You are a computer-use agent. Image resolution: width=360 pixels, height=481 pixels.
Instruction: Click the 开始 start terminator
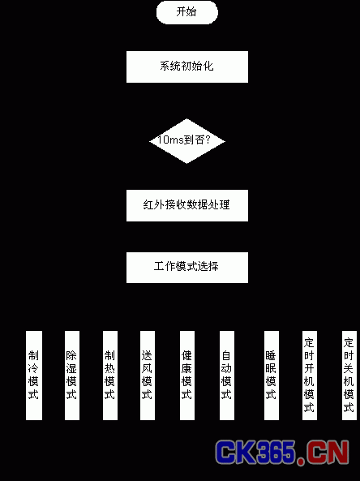coord(187,12)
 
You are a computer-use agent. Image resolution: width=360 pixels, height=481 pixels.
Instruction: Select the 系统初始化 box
coord(187,67)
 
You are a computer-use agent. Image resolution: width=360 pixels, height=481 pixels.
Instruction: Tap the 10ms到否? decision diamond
coord(187,141)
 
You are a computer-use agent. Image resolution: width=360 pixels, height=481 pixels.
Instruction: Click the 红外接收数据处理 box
coord(187,205)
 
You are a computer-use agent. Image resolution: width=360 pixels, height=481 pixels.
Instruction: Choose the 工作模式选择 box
coord(187,268)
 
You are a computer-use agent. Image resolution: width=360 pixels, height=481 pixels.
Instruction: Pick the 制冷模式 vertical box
coord(34,376)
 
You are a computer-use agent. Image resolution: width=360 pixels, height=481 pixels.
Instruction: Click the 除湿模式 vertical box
coord(72,376)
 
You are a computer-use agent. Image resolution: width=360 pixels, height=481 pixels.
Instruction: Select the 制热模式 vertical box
coord(110,376)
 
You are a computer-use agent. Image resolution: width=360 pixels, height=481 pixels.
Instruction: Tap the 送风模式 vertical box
coord(148,376)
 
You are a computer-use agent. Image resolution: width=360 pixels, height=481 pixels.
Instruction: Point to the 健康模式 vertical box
coord(187,376)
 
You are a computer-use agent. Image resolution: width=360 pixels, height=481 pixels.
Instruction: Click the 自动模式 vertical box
coord(227,376)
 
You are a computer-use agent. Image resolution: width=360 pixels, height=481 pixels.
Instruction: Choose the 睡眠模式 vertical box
coord(272,376)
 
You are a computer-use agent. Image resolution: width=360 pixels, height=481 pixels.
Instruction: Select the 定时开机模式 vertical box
coord(310,376)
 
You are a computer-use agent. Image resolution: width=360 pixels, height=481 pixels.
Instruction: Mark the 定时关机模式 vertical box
coord(349,376)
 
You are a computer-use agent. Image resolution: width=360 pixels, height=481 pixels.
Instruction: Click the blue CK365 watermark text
coord(255,452)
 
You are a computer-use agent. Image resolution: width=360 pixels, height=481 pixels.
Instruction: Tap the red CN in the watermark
coord(328,452)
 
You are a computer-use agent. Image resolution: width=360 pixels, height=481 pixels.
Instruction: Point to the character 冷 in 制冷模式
coord(33,368)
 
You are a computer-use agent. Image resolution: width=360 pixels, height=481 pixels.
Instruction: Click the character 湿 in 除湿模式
coord(71,368)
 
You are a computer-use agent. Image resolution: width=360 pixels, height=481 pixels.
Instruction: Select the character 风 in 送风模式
coord(147,368)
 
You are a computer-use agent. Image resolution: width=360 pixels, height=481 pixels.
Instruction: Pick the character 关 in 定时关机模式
coord(349,368)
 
